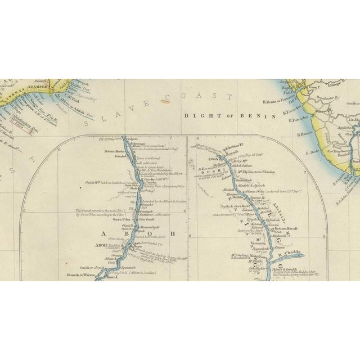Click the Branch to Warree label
pos(79,276)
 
